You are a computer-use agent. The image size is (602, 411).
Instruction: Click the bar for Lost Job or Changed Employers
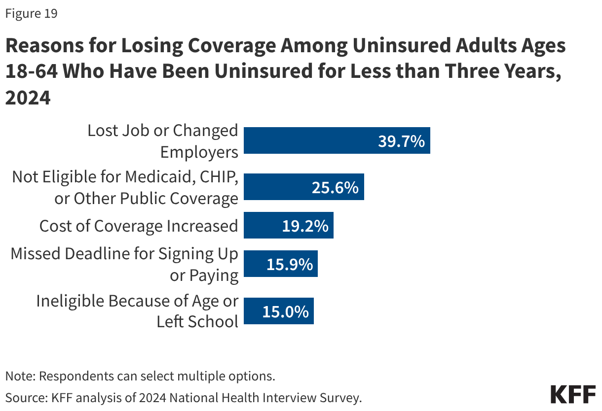(337, 140)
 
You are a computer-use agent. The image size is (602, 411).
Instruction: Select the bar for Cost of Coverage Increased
(289, 225)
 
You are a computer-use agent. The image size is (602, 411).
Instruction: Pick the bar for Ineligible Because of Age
(279, 311)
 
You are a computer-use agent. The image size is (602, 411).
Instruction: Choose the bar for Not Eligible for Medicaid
(304, 187)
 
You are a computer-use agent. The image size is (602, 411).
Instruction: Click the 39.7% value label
(401, 141)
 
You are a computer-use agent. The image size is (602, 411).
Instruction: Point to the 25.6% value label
(335, 188)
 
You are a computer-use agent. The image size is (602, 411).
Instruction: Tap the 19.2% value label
(305, 226)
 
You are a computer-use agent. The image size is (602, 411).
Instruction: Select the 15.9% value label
(290, 265)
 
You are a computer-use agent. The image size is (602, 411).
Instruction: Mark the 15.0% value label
(286, 312)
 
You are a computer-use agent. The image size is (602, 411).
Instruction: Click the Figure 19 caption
(31, 14)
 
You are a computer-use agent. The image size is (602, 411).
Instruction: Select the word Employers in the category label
(199, 152)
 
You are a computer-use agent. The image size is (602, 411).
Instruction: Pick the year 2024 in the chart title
(28, 98)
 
